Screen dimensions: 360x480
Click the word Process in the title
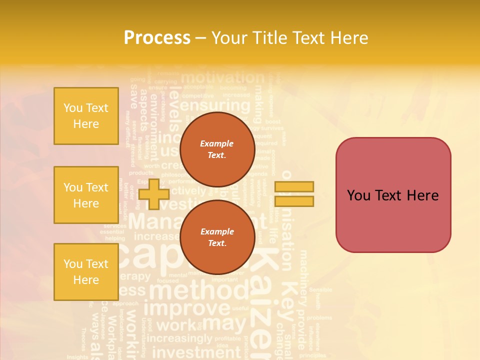click(157, 38)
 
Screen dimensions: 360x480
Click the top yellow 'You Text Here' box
click(86, 116)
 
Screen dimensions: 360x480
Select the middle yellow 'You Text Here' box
click(86, 195)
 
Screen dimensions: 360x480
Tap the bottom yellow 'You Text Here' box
click(86, 272)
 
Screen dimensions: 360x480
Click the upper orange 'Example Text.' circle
click(217, 149)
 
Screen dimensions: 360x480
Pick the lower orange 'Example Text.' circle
click(217, 237)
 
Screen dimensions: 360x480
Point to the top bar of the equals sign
click(294, 186)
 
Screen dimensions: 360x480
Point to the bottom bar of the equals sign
click(294, 201)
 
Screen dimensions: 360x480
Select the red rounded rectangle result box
click(393, 195)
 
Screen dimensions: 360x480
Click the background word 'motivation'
click(222, 77)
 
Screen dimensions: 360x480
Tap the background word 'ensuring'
click(215, 105)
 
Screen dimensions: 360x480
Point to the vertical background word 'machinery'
click(303, 277)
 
